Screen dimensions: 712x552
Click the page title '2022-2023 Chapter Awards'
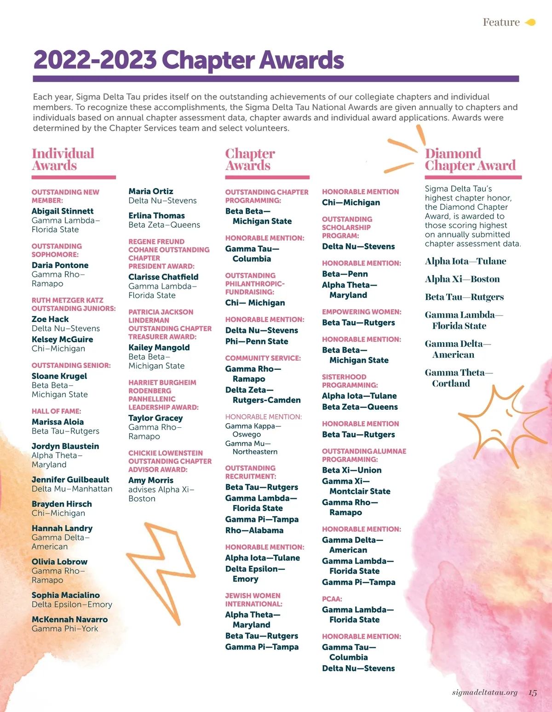point(189,60)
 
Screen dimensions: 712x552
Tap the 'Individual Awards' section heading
point(63,159)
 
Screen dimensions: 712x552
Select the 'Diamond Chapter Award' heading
point(470,159)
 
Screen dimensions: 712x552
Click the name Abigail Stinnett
point(63,211)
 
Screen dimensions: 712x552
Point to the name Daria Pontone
point(60,265)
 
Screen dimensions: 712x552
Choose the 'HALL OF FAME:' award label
point(56,411)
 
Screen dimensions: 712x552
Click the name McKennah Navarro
point(69,620)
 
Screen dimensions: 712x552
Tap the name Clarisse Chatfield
point(163,277)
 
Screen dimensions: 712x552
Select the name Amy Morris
point(151,480)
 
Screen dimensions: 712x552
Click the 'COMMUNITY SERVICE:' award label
point(263,358)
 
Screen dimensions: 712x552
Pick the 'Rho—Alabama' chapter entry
point(254,530)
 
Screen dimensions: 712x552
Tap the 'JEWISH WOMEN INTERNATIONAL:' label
point(253,600)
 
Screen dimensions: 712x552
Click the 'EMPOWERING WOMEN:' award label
point(362,312)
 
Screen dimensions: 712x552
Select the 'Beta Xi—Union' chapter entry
point(351,470)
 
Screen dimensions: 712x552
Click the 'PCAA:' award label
point(332,599)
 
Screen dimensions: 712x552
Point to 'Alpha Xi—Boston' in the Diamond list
point(462,279)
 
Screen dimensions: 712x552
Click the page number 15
point(533,693)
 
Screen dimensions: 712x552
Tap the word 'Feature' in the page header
point(501,22)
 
